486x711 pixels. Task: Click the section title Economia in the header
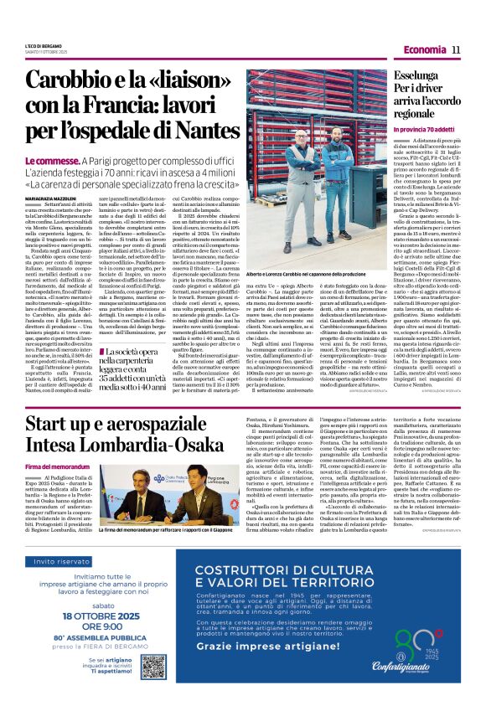pyautogui.click(x=424, y=50)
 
